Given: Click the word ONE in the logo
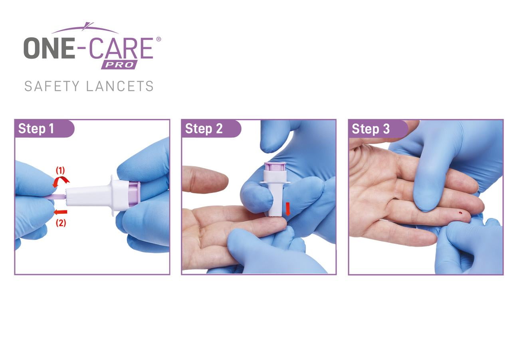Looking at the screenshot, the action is point(49,48).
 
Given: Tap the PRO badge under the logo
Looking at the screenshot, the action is point(119,65).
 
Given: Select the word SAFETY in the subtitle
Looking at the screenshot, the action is point(52,86).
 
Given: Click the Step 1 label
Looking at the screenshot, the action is point(36,129).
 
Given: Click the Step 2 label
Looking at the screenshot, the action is point(204,129).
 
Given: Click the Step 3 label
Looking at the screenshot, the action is point(370,129).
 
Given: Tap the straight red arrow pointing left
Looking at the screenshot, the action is point(60,212).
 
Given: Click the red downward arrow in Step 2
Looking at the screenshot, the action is point(288,209).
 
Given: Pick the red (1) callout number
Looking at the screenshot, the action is point(60,170).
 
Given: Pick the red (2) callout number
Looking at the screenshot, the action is point(61,223).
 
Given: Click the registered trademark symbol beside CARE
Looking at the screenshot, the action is point(158,39).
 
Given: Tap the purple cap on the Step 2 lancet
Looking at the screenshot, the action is point(275,166).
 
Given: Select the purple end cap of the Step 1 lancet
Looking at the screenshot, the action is point(135,193).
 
